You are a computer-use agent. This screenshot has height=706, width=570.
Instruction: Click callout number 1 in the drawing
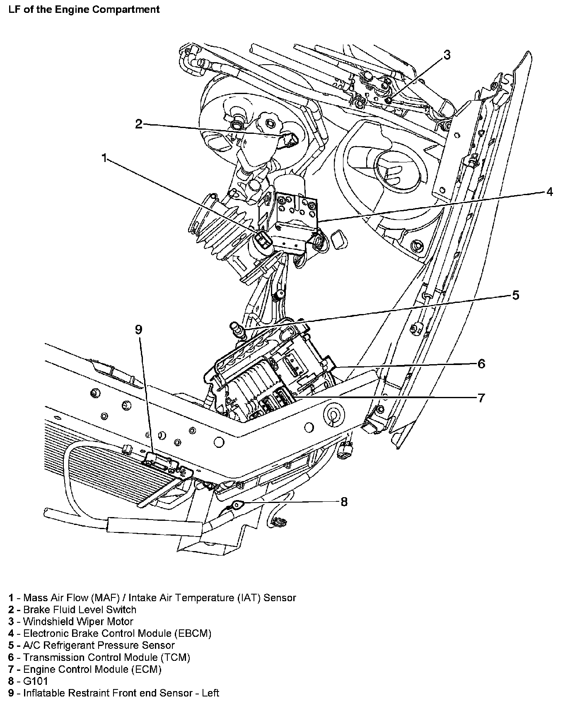[x=104, y=158]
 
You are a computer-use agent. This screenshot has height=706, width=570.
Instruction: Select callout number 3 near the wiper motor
[x=447, y=55]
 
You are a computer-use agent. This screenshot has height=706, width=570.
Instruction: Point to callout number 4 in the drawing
[x=549, y=192]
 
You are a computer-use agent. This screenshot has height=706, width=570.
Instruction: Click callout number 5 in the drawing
[x=515, y=295]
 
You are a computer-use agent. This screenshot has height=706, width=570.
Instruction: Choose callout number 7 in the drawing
[x=481, y=398]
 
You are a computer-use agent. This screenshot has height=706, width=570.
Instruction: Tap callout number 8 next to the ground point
[x=344, y=502]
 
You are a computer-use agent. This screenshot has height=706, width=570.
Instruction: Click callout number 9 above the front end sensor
[x=138, y=330]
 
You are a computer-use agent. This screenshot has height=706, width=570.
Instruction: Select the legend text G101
[x=36, y=681]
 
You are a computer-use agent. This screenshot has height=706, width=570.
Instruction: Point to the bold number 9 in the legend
[x=11, y=693]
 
